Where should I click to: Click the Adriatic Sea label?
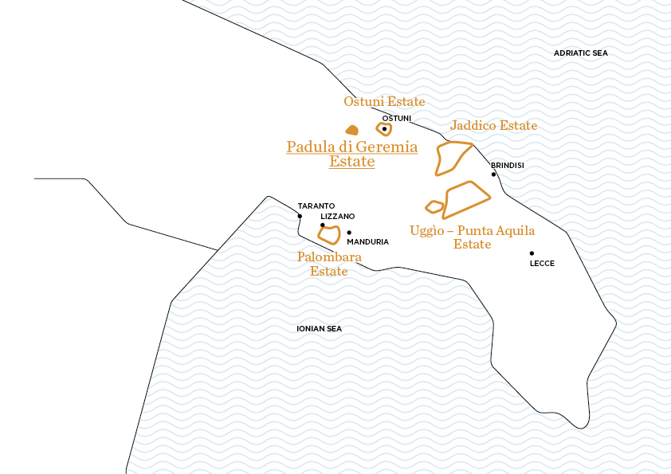[580, 53]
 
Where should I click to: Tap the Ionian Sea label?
[319, 328]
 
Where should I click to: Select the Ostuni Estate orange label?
[384, 102]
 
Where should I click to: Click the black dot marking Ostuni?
[384, 129]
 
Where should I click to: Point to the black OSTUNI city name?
[397, 119]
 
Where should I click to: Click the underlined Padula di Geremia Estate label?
[351, 154]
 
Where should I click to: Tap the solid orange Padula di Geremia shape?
[351, 130]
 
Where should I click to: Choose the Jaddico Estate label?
[493, 126]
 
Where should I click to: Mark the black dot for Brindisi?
[493, 174]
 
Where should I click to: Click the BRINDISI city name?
[508, 165]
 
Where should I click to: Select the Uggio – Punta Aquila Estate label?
[472, 237]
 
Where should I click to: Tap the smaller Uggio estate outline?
[434, 207]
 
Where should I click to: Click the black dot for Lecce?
[532, 253]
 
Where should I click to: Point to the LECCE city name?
[542, 263]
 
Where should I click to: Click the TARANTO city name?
[316, 206]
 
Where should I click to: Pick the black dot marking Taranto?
[300, 216]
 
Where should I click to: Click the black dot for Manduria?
[349, 233]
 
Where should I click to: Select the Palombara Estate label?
[329, 264]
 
